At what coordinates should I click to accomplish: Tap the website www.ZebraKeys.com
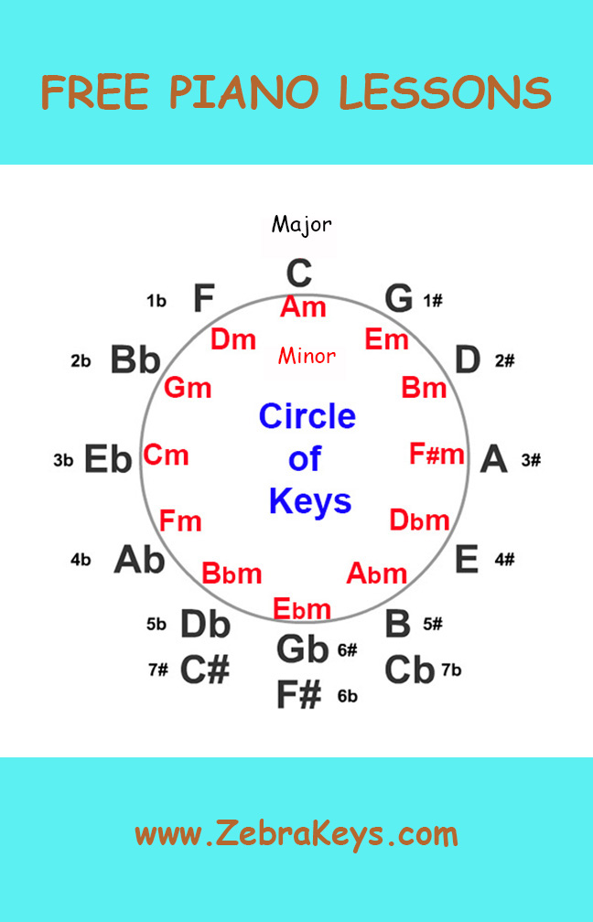(x=296, y=833)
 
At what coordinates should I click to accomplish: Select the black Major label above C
(x=301, y=224)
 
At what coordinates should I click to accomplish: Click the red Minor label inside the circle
(x=307, y=356)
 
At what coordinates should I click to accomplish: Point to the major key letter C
(x=299, y=273)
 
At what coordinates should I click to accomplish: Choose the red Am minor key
(x=303, y=307)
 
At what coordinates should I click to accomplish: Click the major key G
(x=399, y=298)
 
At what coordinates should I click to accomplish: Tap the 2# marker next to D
(x=504, y=360)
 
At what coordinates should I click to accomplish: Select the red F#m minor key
(x=437, y=454)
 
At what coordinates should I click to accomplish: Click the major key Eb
(x=108, y=459)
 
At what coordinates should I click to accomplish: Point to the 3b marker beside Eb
(x=63, y=460)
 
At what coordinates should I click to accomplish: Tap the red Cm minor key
(x=167, y=454)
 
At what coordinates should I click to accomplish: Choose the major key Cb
(x=409, y=670)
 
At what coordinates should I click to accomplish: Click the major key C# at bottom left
(x=204, y=670)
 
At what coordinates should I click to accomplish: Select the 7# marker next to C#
(x=157, y=670)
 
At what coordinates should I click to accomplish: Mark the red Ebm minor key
(x=302, y=608)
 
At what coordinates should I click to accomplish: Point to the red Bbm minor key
(x=232, y=574)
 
